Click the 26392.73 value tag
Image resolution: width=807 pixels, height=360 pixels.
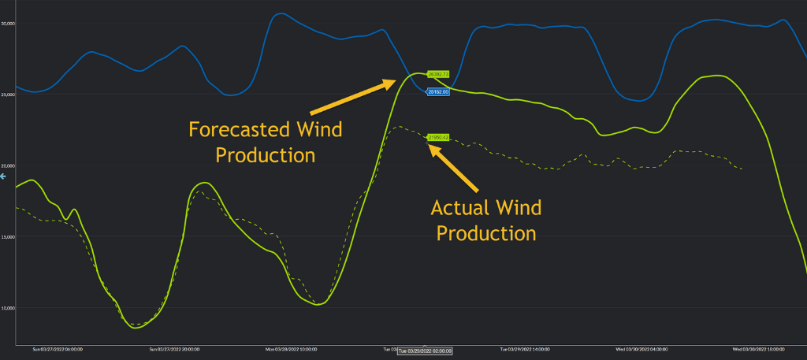click(437, 74)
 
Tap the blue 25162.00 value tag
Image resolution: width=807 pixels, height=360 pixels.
click(437, 92)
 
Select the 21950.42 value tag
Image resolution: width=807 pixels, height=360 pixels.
click(437, 137)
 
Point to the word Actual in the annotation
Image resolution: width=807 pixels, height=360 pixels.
click(459, 208)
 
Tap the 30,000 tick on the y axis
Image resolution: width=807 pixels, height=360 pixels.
click(9, 24)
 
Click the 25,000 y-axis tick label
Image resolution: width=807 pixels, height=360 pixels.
click(9, 95)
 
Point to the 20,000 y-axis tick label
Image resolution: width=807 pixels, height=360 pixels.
click(9, 165)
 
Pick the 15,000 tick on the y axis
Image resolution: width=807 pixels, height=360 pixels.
click(9, 236)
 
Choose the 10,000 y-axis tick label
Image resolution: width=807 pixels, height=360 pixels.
click(9, 307)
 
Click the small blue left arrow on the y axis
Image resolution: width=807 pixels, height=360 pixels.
click(3, 176)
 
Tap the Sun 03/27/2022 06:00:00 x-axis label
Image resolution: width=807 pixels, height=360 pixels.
click(58, 347)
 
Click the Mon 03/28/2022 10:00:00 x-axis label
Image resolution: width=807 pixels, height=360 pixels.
click(291, 347)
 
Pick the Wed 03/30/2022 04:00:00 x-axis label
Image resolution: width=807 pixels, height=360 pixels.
click(642, 347)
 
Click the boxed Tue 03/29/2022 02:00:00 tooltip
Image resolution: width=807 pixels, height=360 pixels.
click(425, 351)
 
